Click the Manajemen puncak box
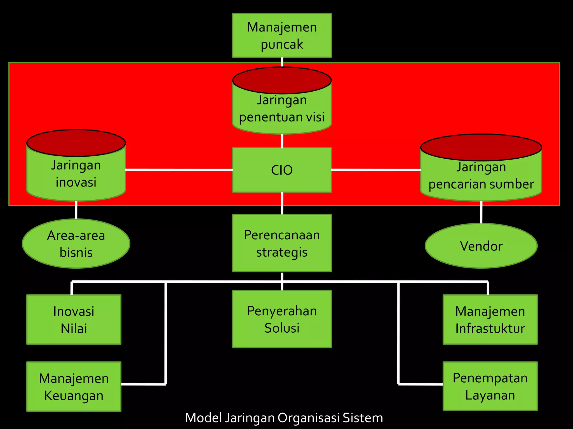(282, 35)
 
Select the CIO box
(282, 170)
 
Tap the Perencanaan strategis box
(282, 243)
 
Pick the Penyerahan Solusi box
(282, 319)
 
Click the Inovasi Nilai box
(74, 320)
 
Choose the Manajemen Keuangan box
(74, 387)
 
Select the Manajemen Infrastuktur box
(490, 320)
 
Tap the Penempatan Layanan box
(490, 386)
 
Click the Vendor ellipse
(481, 246)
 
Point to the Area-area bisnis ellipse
(76, 244)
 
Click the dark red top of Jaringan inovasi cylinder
(76, 143)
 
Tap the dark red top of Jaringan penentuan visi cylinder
(282, 80)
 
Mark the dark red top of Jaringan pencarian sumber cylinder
(481, 147)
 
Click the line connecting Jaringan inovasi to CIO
(179, 170)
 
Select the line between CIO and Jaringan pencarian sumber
(376, 170)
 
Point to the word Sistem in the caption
(363, 418)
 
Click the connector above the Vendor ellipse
(481, 212)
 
